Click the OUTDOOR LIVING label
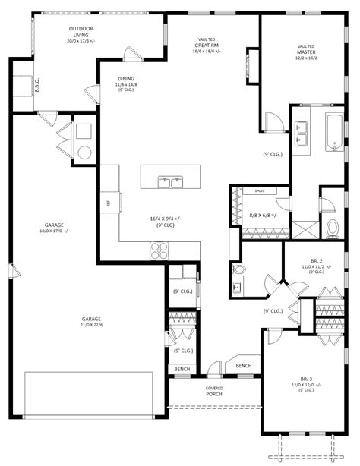[x=81, y=31]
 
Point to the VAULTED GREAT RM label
[x=205, y=46]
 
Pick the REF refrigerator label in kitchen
[x=108, y=203]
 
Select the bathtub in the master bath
[x=335, y=132]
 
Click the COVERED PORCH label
[x=214, y=392]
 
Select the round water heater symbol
[x=82, y=152]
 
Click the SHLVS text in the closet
[x=259, y=191]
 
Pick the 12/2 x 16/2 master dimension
[x=306, y=58]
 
